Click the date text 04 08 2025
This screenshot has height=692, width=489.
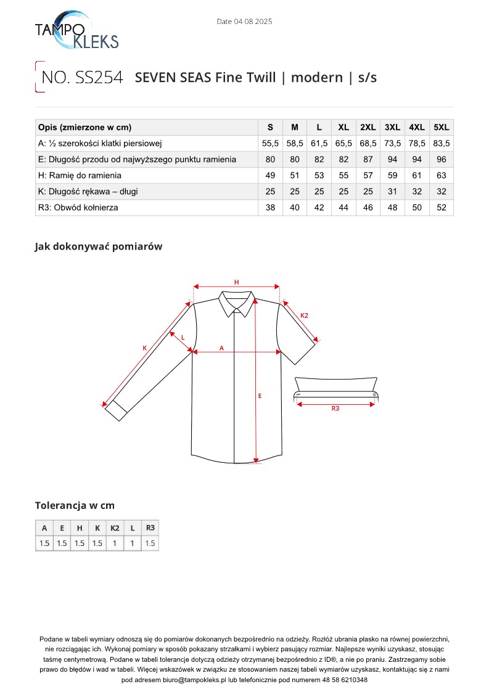(x=244, y=22)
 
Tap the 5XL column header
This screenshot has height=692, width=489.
(x=442, y=128)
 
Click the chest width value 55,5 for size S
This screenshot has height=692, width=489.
(x=270, y=144)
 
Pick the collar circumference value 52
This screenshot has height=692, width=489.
(x=442, y=208)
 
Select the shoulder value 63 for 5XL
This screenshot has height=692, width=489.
(x=442, y=176)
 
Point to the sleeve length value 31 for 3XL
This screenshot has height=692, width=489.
(x=392, y=192)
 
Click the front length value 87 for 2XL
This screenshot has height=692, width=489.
(x=368, y=160)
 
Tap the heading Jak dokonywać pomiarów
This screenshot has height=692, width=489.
(x=98, y=246)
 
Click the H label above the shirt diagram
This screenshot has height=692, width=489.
(x=236, y=282)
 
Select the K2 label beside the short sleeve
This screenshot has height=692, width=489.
(x=304, y=315)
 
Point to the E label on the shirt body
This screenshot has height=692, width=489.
(x=260, y=396)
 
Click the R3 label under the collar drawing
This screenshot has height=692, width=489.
(x=335, y=408)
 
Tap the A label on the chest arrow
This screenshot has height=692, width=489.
(x=221, y=348)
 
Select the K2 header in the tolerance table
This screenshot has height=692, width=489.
(x=115, y=528)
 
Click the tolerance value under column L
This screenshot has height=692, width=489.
(x=132, y=543)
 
